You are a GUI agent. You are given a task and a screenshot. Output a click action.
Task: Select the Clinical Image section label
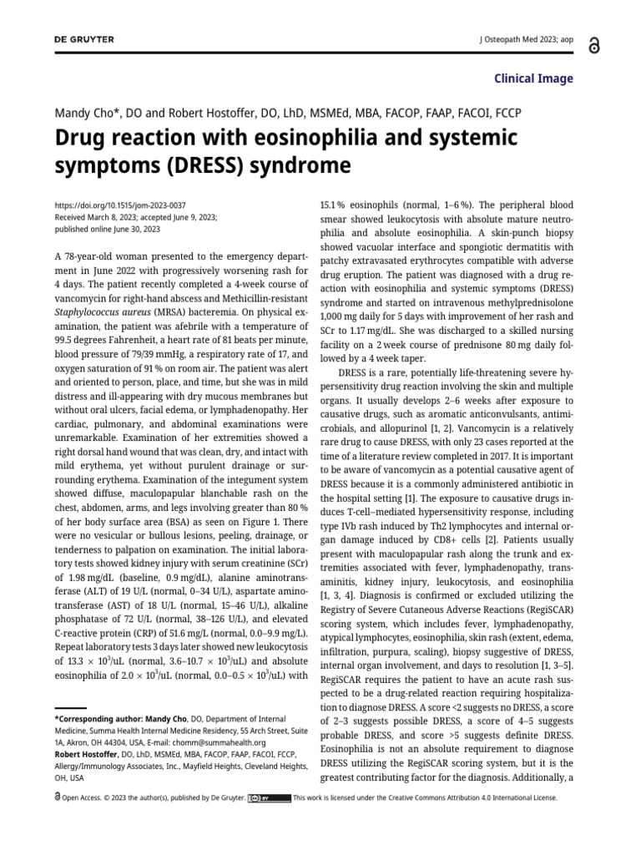534,78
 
